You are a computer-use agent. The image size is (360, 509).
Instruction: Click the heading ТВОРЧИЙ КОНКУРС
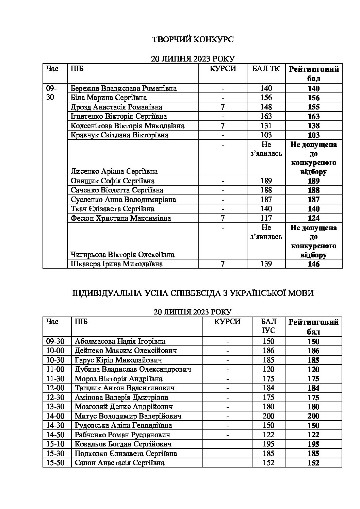click(x=193, y=40)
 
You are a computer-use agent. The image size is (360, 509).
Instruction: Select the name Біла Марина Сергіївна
click(x=109, y=98)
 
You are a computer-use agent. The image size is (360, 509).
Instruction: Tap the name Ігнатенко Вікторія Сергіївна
click(x=119, y=117)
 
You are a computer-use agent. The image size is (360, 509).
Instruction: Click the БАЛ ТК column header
click(x=266, y=69)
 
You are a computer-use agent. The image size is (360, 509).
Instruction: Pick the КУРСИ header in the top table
click(x=223, y=69)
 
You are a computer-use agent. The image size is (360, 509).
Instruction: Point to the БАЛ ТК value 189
click(x=266, y=181)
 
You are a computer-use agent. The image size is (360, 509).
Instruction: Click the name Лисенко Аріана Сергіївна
click(x=114, y=171)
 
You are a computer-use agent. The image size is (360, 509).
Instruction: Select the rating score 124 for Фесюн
click(x=313, y=218)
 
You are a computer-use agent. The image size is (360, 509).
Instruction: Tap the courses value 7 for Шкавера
click(x=223, y=264)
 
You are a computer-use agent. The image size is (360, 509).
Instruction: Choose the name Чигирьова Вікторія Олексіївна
click(x=122, y=255)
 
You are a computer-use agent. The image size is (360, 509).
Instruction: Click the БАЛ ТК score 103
click(x=266, y=135)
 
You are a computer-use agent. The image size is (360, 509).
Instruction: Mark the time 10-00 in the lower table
click(x=55, y=351)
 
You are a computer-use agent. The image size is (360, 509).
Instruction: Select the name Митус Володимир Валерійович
click(x=128, y=416)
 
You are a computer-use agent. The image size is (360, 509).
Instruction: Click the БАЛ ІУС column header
click(x=268, y=326)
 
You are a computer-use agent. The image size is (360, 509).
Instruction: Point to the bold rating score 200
click(x=313, y=416)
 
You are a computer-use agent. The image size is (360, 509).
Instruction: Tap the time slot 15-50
click(x=55, y=463)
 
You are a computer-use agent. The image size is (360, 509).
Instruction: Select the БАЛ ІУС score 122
click(x=268, y=435)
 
